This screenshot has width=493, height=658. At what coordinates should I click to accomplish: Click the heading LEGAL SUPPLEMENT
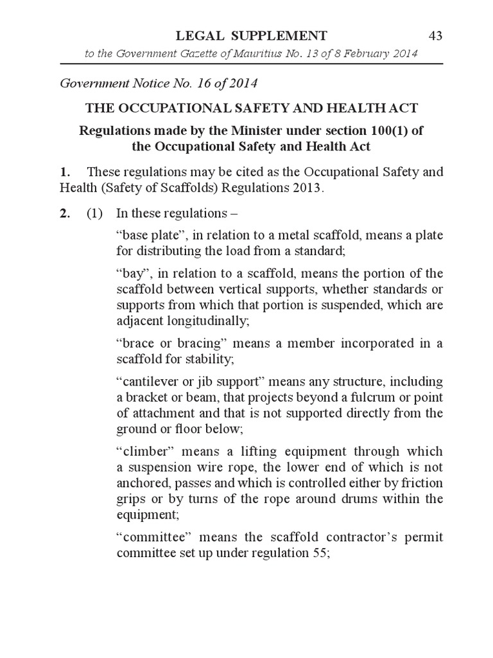tap(251, 36)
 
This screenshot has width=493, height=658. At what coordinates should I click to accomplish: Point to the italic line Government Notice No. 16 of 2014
tap(159, 84)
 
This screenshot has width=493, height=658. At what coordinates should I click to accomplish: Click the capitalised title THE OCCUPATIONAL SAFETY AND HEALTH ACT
tap(251, 109)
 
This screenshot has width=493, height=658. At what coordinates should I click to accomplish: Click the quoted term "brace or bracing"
tap(168, 342)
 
